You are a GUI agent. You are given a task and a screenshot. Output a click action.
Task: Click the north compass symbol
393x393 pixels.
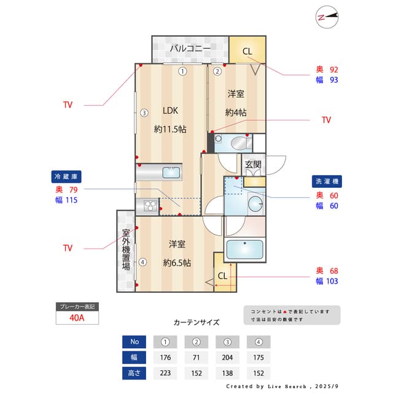click(x=327, y=17)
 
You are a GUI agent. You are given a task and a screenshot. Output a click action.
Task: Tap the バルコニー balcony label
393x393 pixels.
click(x=190, y=49)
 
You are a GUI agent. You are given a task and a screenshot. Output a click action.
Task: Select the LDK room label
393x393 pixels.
click(x=170, y=111)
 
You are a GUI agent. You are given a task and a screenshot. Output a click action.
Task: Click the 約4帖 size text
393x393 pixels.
click(x=236, y=112)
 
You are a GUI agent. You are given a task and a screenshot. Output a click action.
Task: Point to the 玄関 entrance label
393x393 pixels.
click(x=253, y=165)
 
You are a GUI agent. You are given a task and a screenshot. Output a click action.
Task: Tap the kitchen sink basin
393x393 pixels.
click(x=171, y=173)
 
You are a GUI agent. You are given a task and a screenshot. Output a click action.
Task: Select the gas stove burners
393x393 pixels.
click(x=150, y=206)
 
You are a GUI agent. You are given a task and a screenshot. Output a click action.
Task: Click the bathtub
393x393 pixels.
click(x=244, y=250)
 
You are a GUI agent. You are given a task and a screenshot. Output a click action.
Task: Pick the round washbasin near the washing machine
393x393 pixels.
click(x=255, y=204)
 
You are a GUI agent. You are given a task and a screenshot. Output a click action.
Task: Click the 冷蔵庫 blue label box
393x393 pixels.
click(x=66, y=177)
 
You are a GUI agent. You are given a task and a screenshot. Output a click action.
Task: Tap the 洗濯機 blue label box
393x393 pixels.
click(x=327, y=181)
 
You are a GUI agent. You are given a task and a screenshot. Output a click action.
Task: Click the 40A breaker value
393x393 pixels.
click(x=77, y=318)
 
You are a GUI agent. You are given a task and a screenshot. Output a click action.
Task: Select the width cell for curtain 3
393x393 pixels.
click(x=227, y=357)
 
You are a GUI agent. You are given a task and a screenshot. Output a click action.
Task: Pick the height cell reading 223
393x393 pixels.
click(x=165, y=373)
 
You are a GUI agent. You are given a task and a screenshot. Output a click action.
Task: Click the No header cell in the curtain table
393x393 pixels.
click(x=134, y=341)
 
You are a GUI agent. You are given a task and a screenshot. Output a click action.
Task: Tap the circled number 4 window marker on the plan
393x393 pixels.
click(x=142, y=262)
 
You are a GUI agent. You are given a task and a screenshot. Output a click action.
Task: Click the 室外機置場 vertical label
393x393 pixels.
click(x=126, y=250)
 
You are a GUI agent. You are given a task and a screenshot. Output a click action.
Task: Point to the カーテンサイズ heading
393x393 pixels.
click(x=196, y=322)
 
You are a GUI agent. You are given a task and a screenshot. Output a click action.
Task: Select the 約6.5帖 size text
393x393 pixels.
click(x=177, y=263)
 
